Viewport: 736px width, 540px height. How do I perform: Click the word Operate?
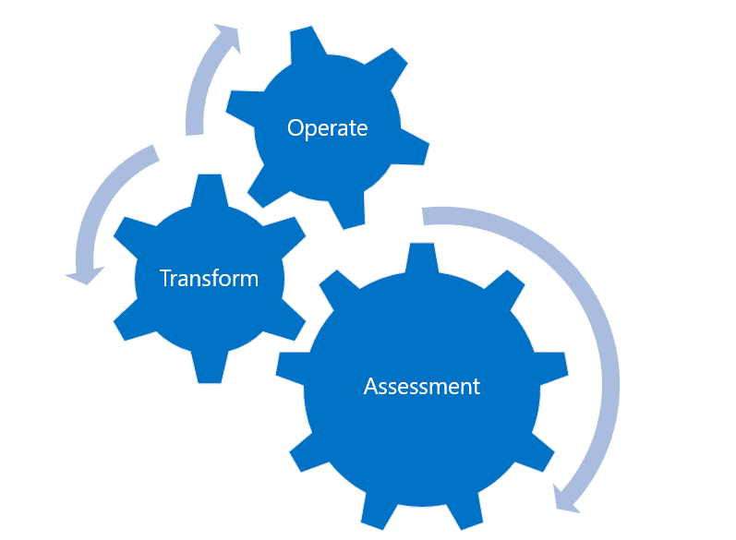point(327,128)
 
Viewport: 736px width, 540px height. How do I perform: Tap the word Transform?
point(209,278)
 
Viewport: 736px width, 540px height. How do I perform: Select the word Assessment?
point(421,387)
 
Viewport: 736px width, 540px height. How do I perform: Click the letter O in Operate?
point(295,127)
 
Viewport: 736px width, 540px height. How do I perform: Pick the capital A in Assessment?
point(371,387)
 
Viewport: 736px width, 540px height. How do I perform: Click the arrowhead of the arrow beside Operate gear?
point(229,36)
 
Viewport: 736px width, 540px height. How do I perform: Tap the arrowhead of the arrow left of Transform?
point(85,275)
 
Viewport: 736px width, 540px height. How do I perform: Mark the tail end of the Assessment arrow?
point(423,216)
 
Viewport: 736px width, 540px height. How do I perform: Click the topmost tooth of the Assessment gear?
point(421,258)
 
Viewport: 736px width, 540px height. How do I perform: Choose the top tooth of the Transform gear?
point(210,190)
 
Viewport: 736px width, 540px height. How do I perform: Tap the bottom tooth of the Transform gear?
point(210,366)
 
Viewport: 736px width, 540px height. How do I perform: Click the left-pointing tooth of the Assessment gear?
point(291,368)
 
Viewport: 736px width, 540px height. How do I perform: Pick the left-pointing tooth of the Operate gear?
point(243,107)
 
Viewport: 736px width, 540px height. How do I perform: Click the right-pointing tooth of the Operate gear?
point(412,148)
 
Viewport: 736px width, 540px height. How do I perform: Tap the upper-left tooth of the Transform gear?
point(135,234)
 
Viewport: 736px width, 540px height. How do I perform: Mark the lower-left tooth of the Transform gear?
point(135,323)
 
